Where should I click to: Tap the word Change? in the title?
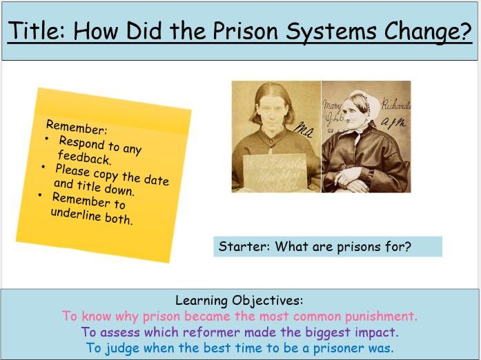tap(432, 32)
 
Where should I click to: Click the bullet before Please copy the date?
tap(44, 167)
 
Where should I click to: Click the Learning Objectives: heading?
tap(239, 301)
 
